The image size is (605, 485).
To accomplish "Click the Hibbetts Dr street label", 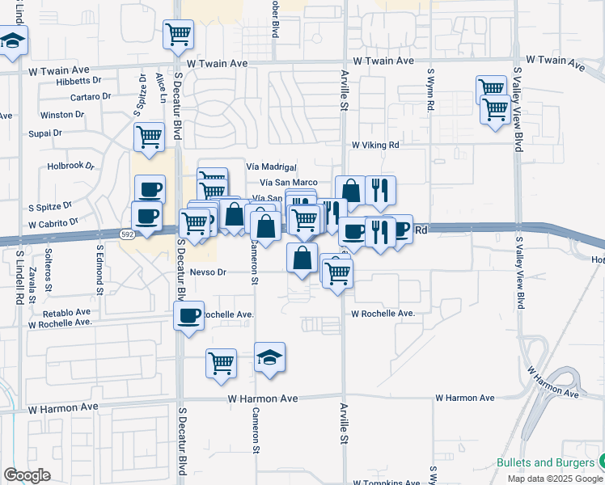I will (78, 81).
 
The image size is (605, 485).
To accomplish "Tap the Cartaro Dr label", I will (90, 96).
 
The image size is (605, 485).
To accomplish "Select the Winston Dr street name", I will (61, 115).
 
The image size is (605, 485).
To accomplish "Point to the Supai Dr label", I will (44, 133).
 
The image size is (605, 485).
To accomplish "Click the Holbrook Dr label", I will (71, 167).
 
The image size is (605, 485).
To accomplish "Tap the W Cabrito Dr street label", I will (53, 222).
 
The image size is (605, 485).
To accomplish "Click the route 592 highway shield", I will (128, 234).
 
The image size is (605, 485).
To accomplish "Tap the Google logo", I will (27, 475).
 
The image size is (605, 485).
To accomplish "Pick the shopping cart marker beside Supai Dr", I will (150, 137).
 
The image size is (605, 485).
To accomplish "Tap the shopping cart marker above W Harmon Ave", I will (221, 364).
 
